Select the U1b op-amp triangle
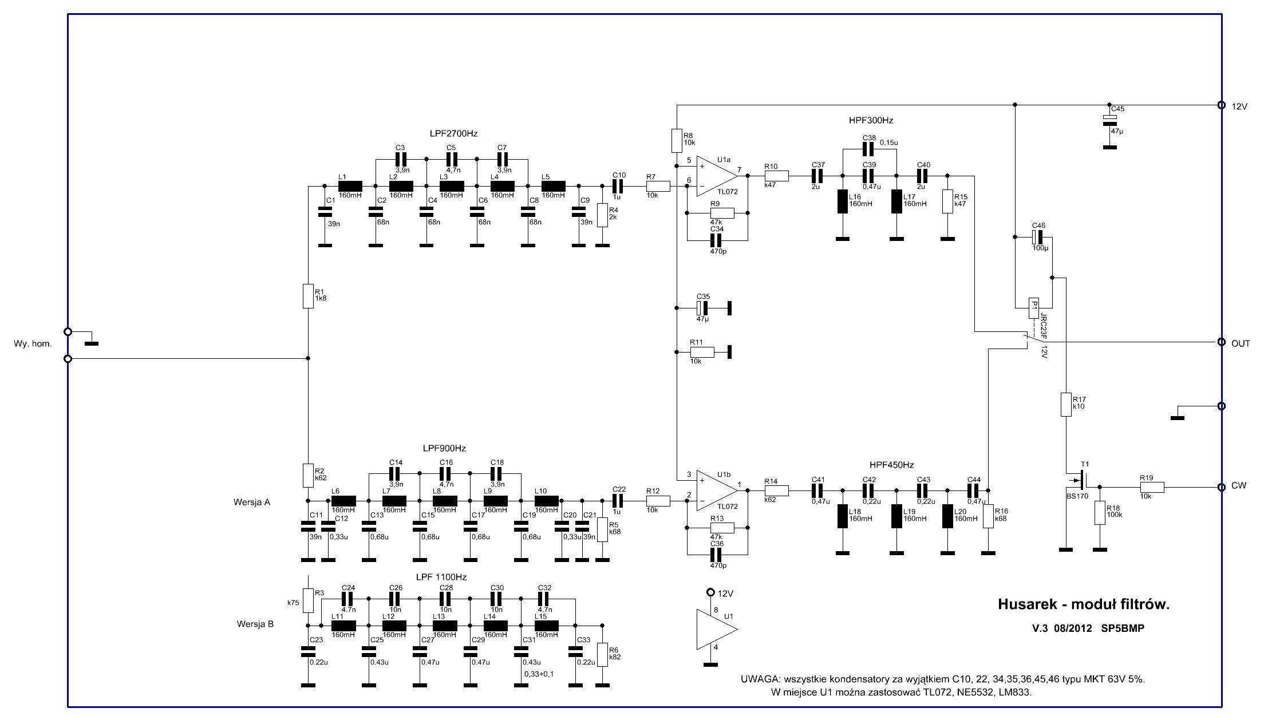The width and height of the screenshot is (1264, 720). point(716,490)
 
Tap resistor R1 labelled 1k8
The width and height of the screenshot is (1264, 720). point(308,296)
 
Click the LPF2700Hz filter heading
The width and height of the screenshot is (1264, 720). point(453,133)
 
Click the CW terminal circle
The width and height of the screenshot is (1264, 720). point(1221,486)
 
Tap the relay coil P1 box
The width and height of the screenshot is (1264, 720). point(1033,308)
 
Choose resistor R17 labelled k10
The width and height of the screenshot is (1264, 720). point(1065,404)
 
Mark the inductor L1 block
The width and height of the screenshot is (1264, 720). point(350,186)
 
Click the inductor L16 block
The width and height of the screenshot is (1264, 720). point(842,201)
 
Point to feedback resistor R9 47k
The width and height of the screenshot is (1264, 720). point(718,213)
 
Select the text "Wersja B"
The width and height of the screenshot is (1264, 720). point(255,624)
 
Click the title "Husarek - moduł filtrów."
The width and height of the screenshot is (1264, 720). point(1083,604)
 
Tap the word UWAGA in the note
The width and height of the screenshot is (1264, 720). point(760,680)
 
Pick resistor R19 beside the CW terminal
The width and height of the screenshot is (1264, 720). point(1152,487)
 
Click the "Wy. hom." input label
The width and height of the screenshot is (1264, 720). point(33,344)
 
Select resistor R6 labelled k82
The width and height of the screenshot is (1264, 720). point(602,654)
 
